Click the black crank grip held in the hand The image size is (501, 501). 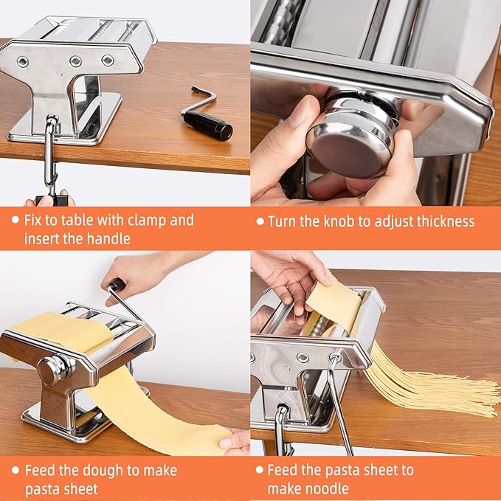(x=117, y=285)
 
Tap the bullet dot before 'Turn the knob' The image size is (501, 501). (x=260, y=221)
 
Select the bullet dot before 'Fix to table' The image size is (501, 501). (x=15, y=219)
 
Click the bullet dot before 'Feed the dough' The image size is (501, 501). (x=15, y=470)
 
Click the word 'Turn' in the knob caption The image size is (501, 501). (x=282, y=221)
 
